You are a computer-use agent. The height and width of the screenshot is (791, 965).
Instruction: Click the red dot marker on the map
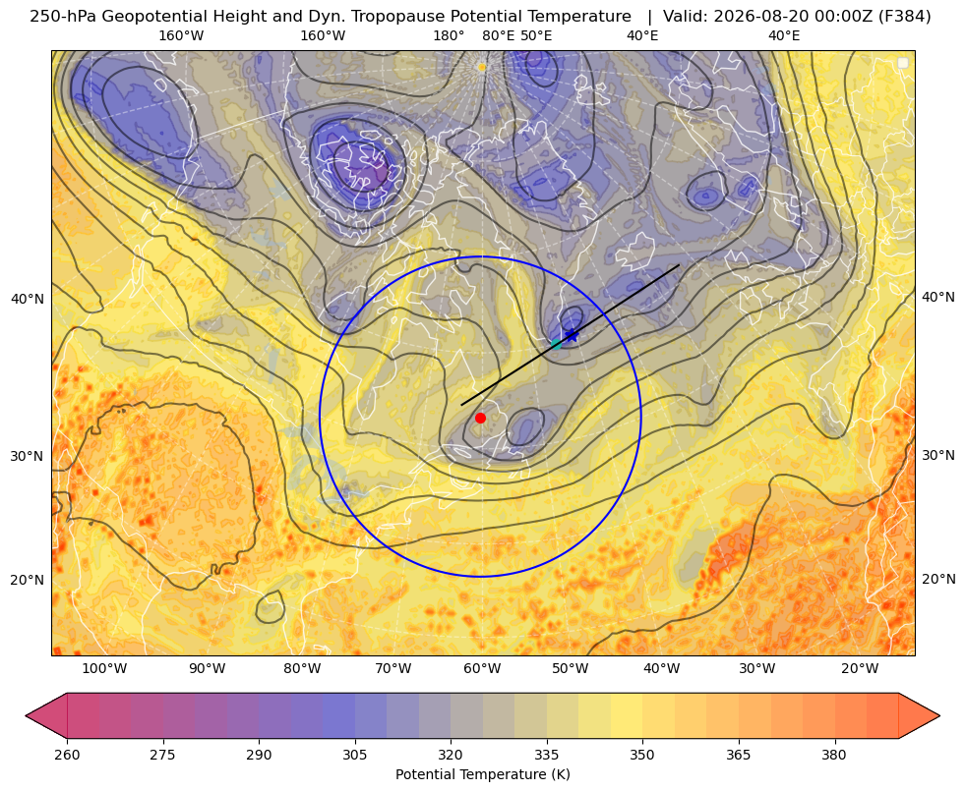tap(481, 418)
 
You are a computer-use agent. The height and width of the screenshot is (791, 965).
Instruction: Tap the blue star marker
tap(573, 336)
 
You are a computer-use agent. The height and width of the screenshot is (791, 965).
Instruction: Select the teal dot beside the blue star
tap(557, 344)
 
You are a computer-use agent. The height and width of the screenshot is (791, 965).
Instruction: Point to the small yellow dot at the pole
tap(482, 67)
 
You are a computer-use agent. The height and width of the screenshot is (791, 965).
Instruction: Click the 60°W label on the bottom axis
tap(482, 668)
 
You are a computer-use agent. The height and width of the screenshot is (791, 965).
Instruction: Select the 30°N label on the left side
tap(28, 456)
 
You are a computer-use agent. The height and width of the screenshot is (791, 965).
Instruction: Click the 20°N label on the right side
tap(938, 579)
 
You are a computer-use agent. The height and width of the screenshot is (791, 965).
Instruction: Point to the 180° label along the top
tap(449, 35)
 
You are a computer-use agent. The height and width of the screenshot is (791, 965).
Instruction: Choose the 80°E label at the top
tap(499, 35)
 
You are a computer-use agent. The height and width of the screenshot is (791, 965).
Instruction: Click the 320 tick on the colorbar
tap(451, 754)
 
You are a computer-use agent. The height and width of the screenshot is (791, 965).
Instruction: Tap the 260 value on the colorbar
tap(67, 754)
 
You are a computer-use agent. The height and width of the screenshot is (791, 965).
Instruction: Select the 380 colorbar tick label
tap(834, 754)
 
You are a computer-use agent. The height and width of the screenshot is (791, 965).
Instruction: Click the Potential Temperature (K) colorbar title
tap(482, 773)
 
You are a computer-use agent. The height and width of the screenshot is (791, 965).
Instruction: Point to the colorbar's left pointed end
tap(27, 715)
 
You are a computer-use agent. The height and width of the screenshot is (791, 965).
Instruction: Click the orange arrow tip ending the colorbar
tap(939, 715)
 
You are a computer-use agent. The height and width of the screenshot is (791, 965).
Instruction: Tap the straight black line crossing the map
tap(571, 335)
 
